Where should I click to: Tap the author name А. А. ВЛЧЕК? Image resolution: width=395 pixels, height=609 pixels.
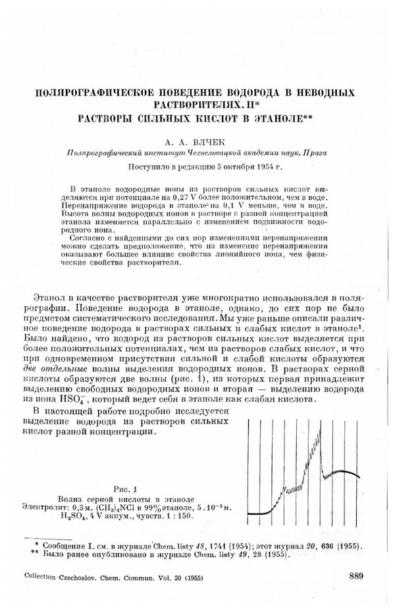pyautogui.click(x=196, y=140)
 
